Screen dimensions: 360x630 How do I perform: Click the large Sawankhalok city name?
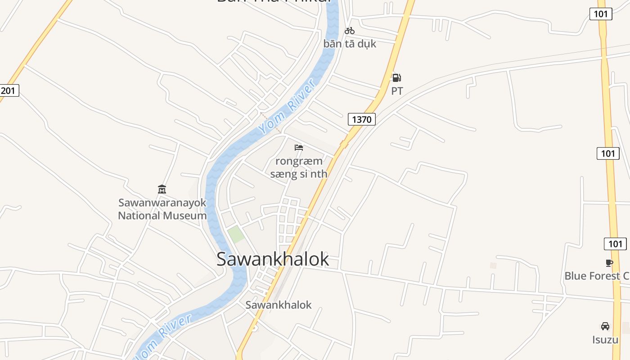273,259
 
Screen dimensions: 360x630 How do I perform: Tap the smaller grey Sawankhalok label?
278,305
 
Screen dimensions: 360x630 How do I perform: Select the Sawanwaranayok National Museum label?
162,209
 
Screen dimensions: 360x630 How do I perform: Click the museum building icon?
162,189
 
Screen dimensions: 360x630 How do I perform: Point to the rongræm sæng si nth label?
299,167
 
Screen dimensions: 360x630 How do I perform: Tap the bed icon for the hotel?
299,147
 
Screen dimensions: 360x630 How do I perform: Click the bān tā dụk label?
350,44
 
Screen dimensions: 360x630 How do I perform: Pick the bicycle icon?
350,31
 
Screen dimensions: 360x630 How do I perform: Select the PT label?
397,91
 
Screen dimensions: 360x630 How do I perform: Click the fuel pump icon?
396,78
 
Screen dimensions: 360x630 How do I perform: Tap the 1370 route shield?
361,119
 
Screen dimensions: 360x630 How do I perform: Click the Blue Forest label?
597,276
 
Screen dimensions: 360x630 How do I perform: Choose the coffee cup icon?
609,263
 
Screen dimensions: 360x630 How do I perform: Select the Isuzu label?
605,339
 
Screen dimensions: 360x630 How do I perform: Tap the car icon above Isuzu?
605,326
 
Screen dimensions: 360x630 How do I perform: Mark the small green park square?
236,234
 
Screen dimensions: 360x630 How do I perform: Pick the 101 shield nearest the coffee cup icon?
615,244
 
